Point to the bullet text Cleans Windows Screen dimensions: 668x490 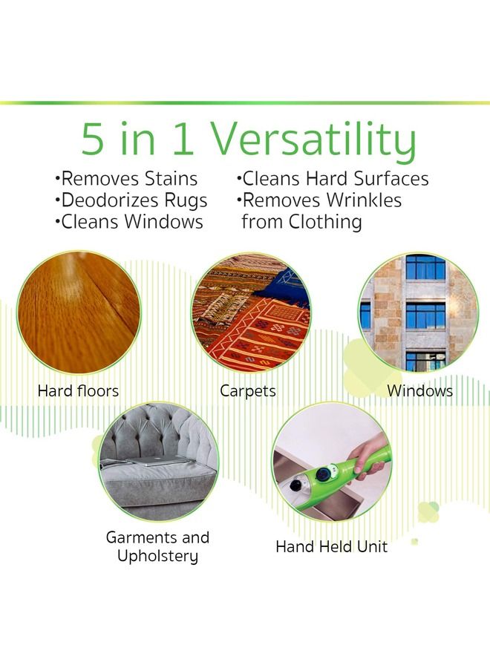click(x=129, y=222)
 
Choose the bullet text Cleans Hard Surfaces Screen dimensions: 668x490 click(x=333, y=179)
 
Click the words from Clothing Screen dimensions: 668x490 click(x=301, y=222)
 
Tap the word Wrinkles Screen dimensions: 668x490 click(x=365, y=200)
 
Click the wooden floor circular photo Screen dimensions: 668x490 click(x=79, y=312)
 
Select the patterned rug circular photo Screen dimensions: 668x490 click(x=251, y=312)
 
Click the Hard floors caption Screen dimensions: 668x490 click(x=78, y=390)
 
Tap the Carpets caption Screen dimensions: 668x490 click(x=248, y=390)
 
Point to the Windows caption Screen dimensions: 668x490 click(x=419, y=390)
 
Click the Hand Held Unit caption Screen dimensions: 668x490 click(x=331, y=547)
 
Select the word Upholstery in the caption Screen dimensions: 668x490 click(x=157, y=556)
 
